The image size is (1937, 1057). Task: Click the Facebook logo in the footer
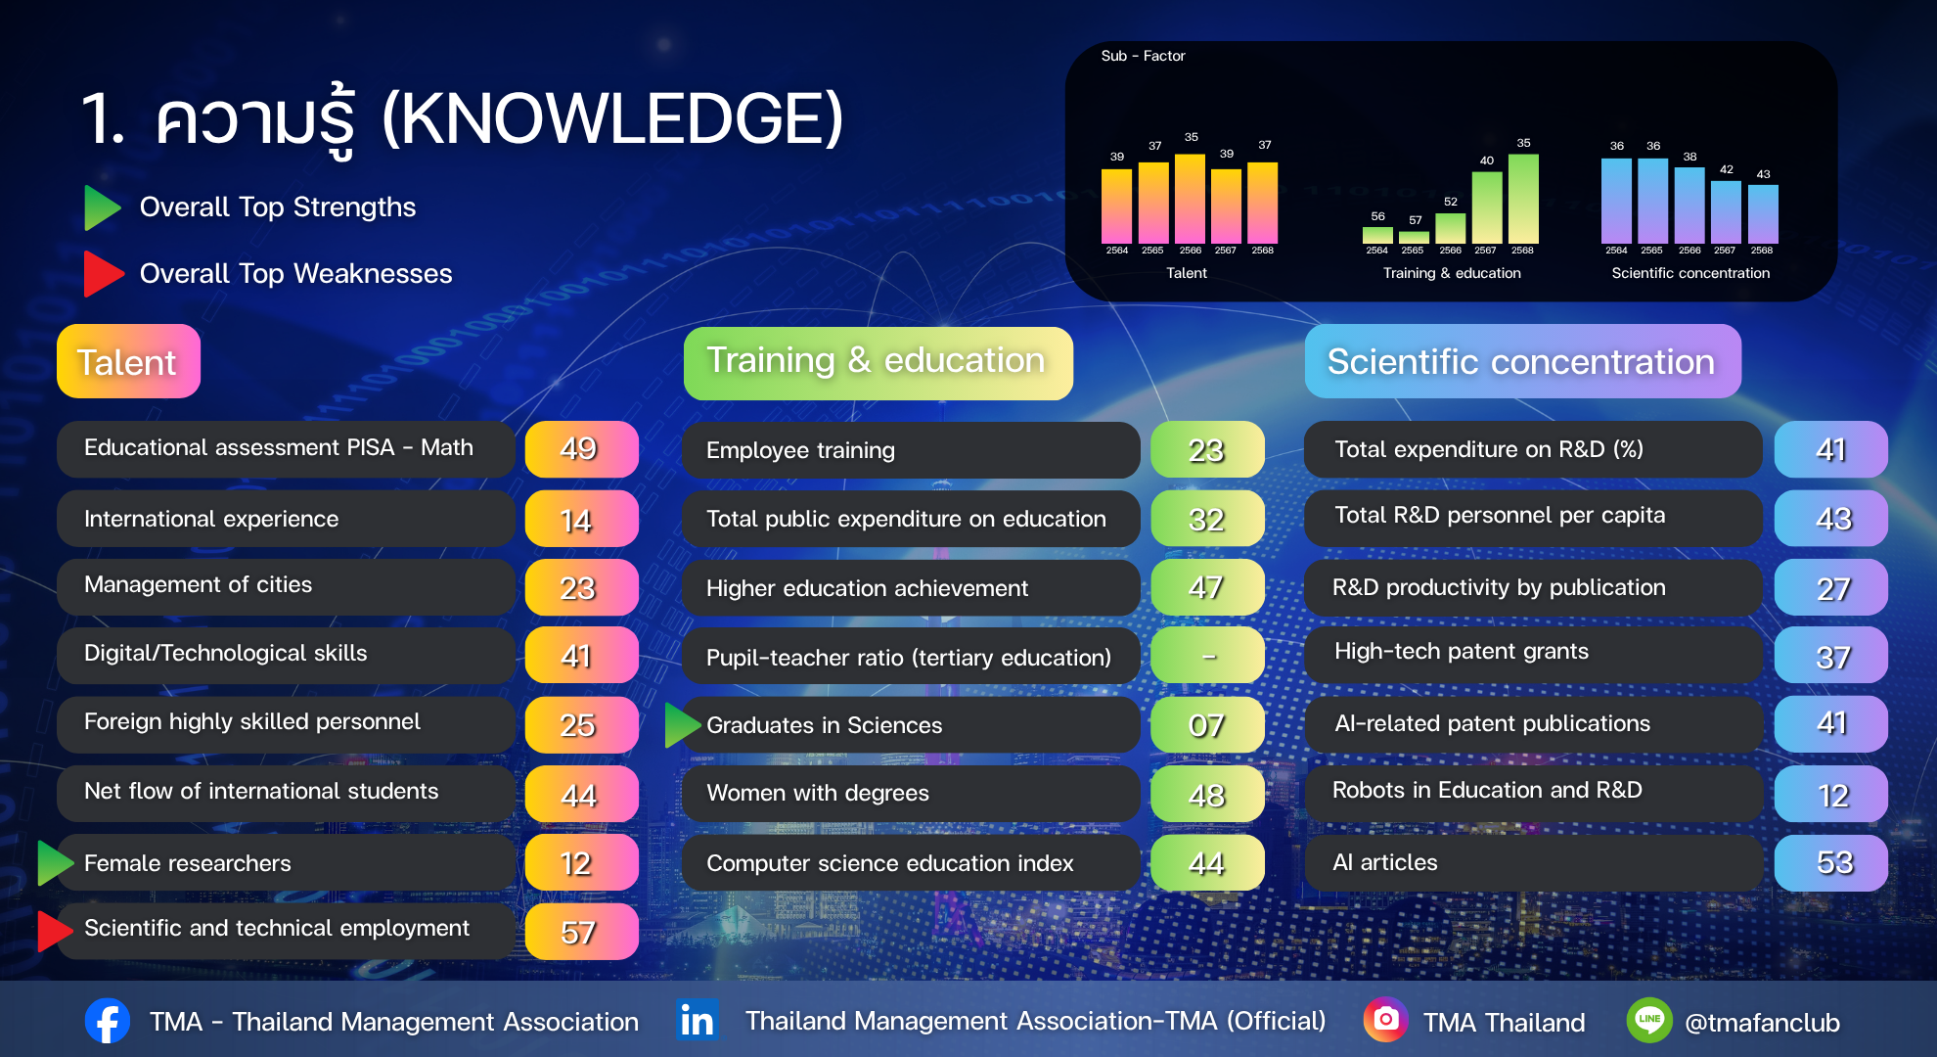point(108,1021)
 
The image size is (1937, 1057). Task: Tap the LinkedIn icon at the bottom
point(698,1020)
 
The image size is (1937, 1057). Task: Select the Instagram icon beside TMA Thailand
point(1386,1020)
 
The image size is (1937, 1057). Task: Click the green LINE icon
point(1649,1020)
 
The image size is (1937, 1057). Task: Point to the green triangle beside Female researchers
point(56,862)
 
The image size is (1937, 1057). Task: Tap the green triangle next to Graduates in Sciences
point(683,725)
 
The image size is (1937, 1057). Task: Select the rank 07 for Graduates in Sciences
point(1207,725)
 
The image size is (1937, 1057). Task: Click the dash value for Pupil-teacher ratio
point(1207,656)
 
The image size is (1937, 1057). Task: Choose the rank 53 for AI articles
point(1831,862)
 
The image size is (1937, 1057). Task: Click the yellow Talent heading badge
point(128,361)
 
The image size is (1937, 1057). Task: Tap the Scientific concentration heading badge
point(1522,361)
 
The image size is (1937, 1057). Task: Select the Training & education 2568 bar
point(1523,199)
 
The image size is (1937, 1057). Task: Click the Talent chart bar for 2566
point(1190,199)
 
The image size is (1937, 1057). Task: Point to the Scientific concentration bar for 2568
point(1763,214)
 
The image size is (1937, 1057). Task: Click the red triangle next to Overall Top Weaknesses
point(104,274)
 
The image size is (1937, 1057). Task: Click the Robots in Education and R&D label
point(1487,790)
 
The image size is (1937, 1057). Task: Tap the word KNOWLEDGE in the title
point(612,119)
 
